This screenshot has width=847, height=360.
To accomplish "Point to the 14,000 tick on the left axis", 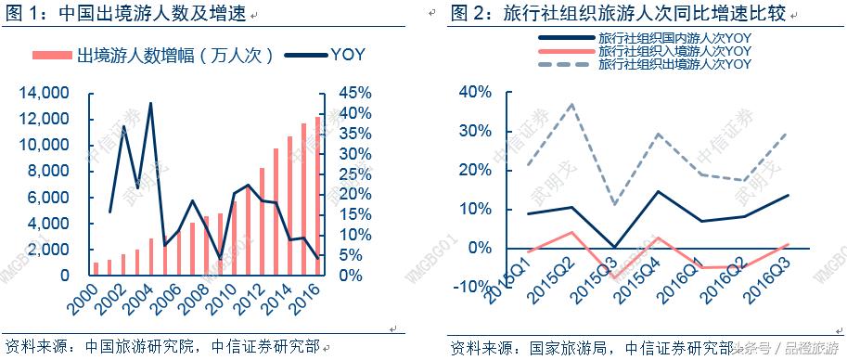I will [45, 93].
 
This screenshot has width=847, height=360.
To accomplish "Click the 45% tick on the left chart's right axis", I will [353, 93].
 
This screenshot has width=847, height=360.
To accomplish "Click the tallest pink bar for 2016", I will [318, 195].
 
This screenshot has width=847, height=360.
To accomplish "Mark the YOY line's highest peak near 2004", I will [150, 103].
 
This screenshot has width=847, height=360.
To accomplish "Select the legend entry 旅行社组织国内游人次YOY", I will [674, 38].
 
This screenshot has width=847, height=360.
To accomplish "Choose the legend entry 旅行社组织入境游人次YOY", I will [674, 51].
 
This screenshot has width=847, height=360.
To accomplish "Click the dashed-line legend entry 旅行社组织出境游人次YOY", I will [674, 64].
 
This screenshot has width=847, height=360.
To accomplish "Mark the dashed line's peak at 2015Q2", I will [571, 104].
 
